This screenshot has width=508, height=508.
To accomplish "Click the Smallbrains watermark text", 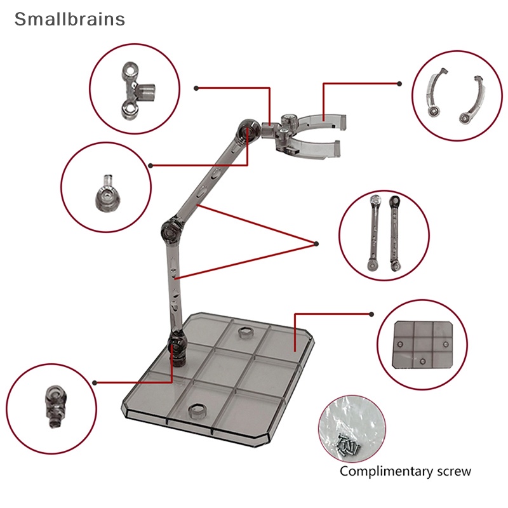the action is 70,19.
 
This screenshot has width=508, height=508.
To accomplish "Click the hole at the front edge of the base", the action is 196,411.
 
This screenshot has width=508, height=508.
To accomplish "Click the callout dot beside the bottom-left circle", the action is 95,382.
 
